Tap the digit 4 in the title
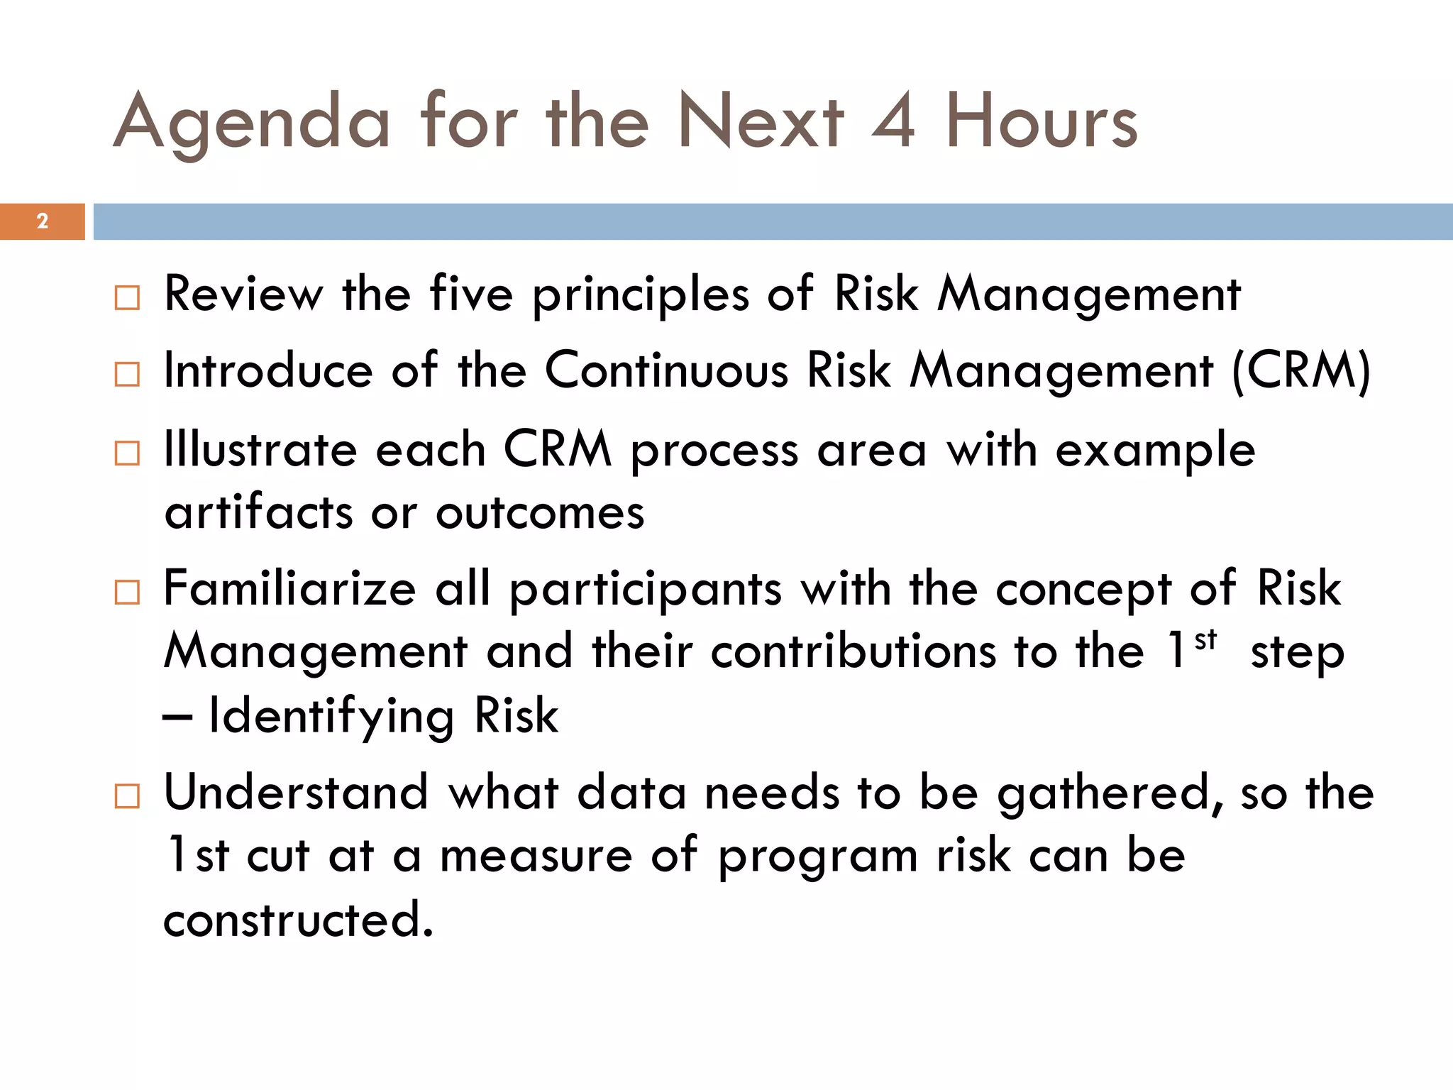point(894,122)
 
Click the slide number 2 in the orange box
point(43,221)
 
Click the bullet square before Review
point(127,297)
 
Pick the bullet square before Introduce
point(127,374)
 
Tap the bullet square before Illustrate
point(127,453)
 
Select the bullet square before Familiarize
point(127,592)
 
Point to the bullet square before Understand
point(127,796)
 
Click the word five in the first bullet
point(471,294)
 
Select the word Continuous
point(666,370)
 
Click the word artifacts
point(258,512)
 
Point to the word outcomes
point(540,512)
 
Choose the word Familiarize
point(289,589)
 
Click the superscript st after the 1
point(1205,640)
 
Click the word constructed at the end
point(298,920)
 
